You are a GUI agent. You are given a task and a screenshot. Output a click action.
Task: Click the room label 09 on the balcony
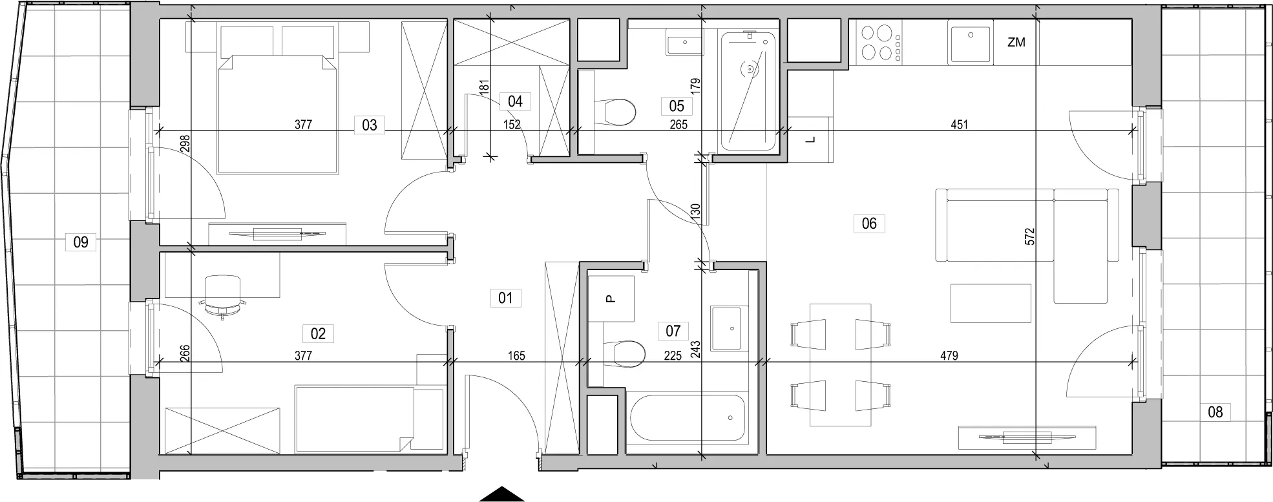click(81, 243)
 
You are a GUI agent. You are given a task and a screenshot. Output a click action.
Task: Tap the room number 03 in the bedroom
click(369, 124)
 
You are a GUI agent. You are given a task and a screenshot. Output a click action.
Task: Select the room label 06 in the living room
click(869, 224)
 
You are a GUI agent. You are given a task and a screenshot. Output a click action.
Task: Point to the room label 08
click(1215, 412)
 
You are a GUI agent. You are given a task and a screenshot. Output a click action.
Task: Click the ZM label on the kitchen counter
click(1016, 43)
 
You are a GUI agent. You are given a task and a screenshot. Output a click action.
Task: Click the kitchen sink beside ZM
click(970, 41)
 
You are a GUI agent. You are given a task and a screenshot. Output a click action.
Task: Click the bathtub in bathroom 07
click(686, 417)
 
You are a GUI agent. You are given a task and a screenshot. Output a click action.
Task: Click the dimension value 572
click(1030, 236)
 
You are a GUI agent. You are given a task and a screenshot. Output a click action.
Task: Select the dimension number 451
click(960, 125)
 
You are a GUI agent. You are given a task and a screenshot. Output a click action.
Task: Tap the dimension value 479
click(949, 355)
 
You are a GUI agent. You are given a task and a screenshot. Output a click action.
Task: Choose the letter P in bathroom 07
click(611, 298)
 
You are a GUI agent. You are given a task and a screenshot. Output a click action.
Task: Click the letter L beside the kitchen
click(812, 139)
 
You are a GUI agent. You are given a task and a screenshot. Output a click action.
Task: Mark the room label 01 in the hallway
click(505, 298)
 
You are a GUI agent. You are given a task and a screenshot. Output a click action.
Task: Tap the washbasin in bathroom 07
click(729, 328)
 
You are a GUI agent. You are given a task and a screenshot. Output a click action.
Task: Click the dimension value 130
click(695, 212)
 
